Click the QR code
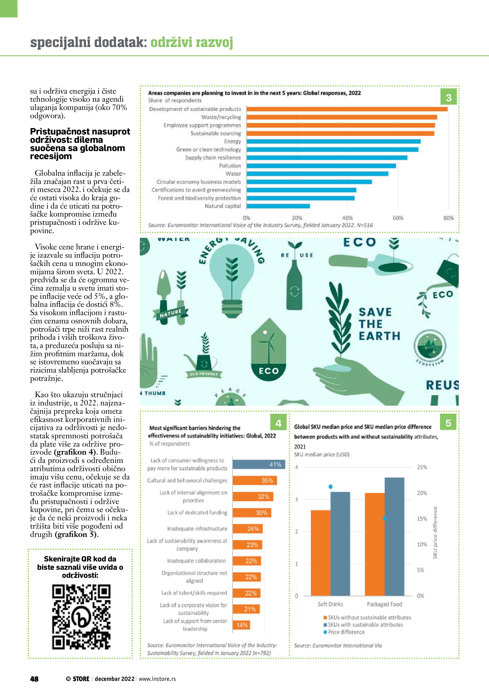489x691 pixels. pos(81,621)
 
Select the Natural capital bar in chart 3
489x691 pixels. pos(278,206)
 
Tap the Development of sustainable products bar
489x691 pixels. pos(347,109)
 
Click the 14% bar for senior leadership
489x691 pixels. pos(241,625)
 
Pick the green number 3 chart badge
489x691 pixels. pos(448,97)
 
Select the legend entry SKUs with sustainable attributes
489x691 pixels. pos(365,625)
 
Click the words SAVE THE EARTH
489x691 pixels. pos(379,324)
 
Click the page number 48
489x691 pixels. pos(34,679)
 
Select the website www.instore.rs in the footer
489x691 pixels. pos(157,679)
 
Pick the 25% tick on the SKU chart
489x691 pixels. pos(422,467)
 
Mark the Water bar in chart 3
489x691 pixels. pos(317,174)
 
